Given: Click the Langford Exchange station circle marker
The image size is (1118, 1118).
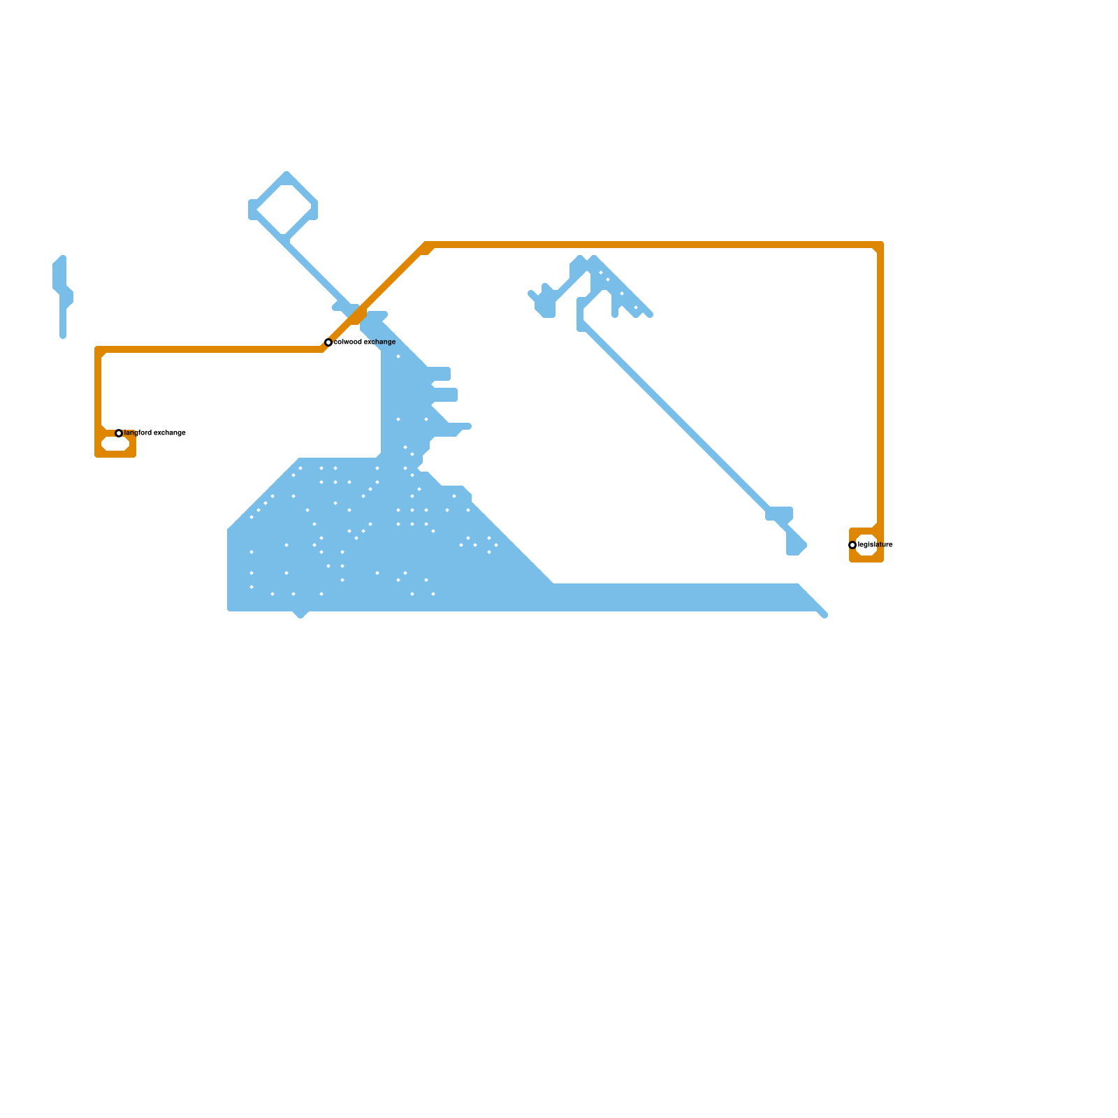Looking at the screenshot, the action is click(x=119, y=433).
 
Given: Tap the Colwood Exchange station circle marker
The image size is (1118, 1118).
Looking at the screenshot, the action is click(x=328, y=342).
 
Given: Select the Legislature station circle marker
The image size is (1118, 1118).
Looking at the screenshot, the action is click(x=852, y=545).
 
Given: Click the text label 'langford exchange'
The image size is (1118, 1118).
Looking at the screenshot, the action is click(x=155, y=433).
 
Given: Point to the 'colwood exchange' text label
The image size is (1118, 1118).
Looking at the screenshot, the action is click(x=365, y=342).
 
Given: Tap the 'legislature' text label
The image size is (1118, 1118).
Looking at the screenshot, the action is click(x=876, y=545).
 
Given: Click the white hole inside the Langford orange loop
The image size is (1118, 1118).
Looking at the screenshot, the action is click(x=115, y=444).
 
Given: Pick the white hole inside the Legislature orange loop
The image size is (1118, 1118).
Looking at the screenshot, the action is click(x=866, y=545).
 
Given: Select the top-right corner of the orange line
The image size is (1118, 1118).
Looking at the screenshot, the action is click(x=880, y=245).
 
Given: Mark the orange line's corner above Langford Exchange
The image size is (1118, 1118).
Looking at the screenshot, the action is click(x=99, y=350).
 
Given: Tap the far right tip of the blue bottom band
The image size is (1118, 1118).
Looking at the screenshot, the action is click(x=825, y=615).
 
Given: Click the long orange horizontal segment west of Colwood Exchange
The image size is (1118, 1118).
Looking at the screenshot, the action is click(x=210, y=349).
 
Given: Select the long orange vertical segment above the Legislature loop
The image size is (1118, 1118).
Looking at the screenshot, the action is click(x=880, y=384).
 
